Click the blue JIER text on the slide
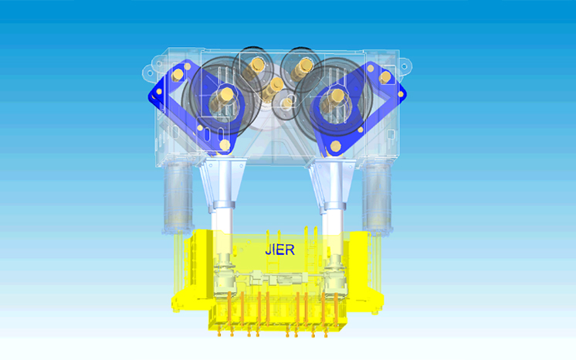tap(280, 250)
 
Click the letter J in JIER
tap(268, 250)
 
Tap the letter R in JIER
tap(290, 250)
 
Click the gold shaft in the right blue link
tap(334, 100)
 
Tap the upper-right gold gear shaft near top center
tap(302, 69)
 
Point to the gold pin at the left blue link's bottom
tap(225, 145)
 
